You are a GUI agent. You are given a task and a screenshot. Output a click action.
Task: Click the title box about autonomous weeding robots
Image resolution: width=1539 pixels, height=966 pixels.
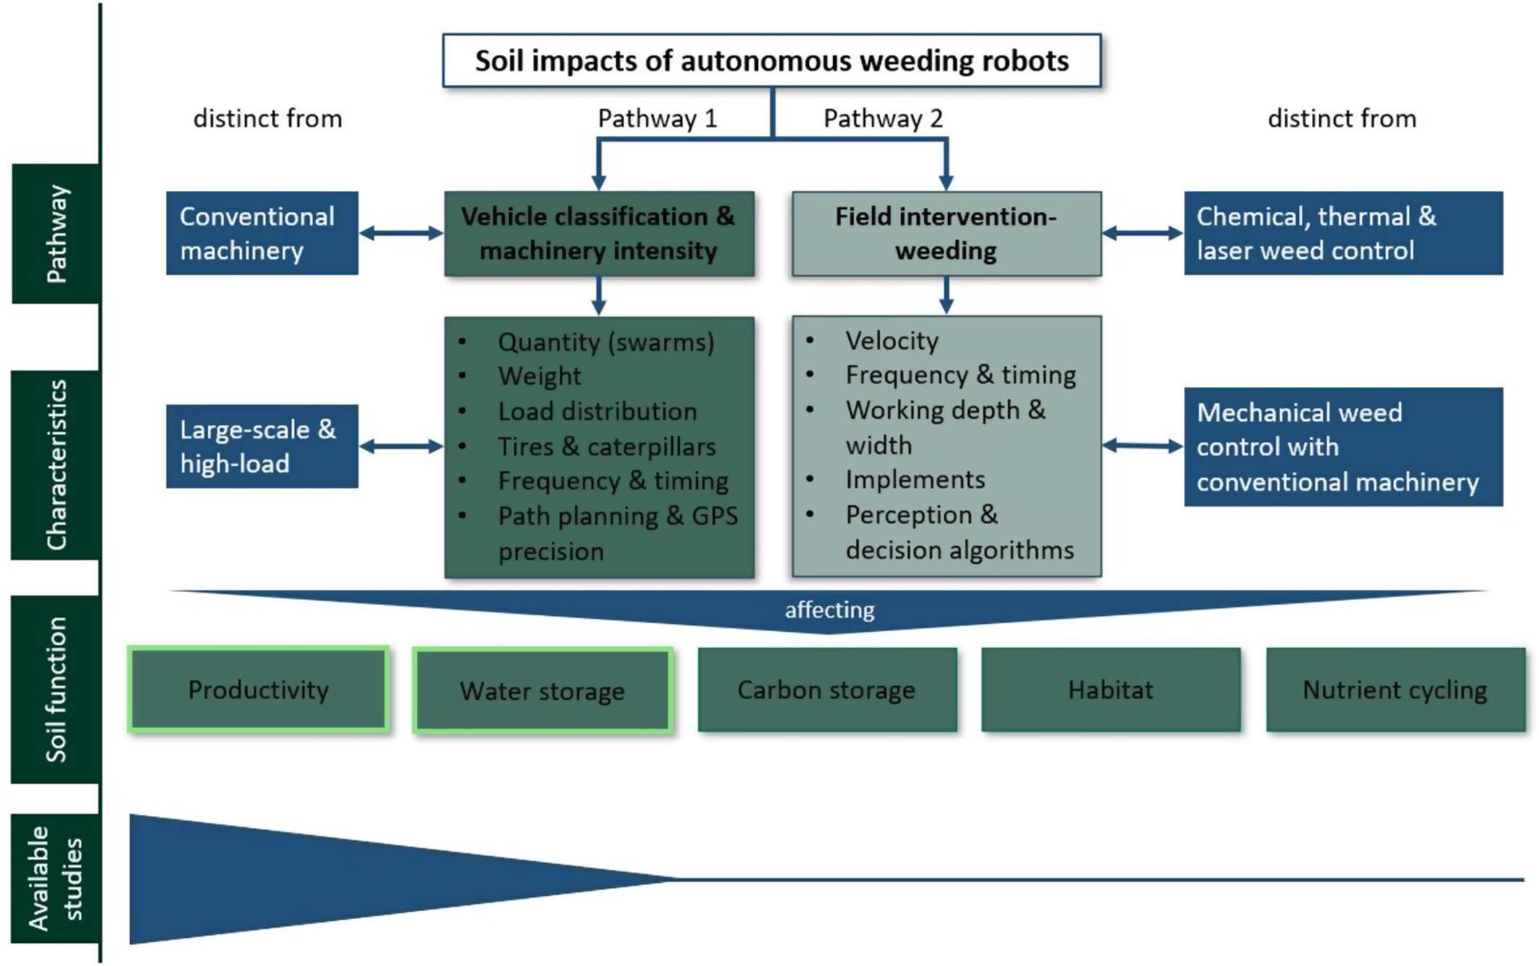pyautogui.click(x=772, y=61)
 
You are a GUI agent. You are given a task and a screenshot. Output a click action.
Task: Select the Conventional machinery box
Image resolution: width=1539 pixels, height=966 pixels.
pyautogui.click(x=262, y=233)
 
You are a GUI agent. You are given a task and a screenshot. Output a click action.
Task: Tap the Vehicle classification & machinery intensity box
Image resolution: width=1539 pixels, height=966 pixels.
pyautogui.click(x=599, y=234)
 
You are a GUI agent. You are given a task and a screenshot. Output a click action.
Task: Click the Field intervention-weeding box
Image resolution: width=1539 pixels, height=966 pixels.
pyautogui.click(x=946, y=234)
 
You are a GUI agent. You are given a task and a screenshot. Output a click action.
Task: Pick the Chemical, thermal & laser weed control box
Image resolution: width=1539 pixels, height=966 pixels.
pyautogui.click(x=1343, y=233)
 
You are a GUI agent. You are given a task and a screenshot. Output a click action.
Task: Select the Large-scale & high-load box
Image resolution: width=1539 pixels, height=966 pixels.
pyautogui.click(x=262, y=446)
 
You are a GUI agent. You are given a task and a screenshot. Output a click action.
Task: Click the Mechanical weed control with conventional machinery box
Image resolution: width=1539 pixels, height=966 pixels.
pyautogui.click(x=1343, y=447)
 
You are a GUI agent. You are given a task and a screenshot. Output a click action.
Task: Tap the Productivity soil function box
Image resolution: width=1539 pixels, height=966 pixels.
pyautogui.click(x=259, y=690)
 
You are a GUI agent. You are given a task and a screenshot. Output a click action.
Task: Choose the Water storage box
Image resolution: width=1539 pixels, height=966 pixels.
pyautogui.click(x=542, y=691)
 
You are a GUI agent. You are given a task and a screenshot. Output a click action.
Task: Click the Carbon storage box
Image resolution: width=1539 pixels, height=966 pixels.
pyautogui.click(x=827, y=690)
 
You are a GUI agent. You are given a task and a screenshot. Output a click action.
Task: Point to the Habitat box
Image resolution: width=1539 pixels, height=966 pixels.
pyautogui.click(x=1111, y=690)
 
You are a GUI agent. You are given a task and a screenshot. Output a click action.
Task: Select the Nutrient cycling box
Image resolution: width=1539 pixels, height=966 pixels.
pyautogui.click(x=1395, y=690)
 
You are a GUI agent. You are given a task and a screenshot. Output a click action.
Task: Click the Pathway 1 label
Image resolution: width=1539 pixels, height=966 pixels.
pyautogui.click(x=657, y=119)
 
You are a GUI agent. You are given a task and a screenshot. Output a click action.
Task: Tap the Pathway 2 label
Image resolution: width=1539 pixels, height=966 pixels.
pyautogui.click(x=883, y=119)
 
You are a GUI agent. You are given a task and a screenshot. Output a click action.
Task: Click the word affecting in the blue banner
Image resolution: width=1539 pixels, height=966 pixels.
pyautogui.click(x=830, y=610)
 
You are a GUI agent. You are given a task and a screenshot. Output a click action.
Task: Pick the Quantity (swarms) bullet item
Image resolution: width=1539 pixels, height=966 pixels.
pyautogui.click(x=606, y=342)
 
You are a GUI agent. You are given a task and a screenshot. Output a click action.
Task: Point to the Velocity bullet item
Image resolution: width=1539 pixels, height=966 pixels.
pyautogui.click(x=892, y=341)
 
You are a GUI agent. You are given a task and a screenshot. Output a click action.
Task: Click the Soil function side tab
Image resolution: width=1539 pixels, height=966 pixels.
pyautogui.click(x=56, y=689)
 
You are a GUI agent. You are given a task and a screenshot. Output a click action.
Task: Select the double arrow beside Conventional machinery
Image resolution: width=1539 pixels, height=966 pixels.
pyautogui.click(x=401, y=233)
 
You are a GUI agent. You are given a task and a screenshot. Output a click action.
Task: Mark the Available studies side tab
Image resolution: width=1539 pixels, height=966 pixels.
pyautogui.click(x=56, y=878)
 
